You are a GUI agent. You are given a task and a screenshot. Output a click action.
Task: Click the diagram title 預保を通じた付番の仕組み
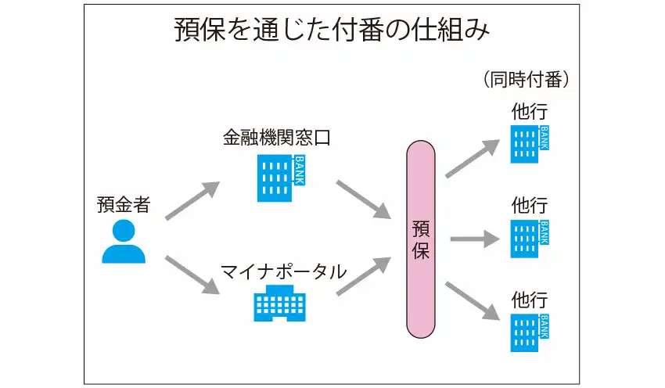pos(332,32)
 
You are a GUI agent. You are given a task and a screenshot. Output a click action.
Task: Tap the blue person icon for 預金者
pos(124,242)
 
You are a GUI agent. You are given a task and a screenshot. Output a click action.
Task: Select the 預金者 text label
pos(124,205)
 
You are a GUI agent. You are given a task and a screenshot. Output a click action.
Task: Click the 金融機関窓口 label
pos(277,138)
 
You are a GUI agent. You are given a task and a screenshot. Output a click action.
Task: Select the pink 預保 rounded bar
pos(421,239)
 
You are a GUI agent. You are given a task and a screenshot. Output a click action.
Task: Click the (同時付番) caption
pos(526,80)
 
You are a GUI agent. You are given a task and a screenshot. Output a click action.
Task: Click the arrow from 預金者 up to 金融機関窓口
pos(192,201)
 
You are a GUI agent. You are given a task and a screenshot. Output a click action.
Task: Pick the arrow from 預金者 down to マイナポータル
pos(192,275)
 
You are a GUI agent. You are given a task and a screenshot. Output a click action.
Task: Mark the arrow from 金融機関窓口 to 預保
pos(363,199)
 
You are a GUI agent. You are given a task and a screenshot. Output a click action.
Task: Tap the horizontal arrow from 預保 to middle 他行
pos(474,239)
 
